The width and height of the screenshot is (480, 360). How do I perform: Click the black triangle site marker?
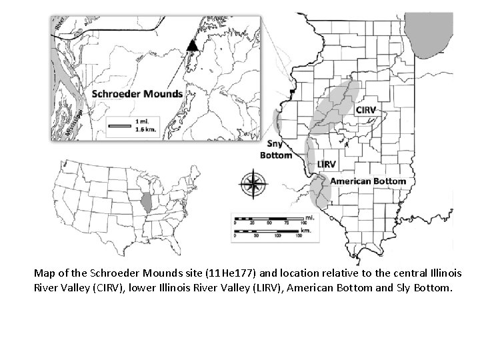pyautogui.click(x=192, y=45)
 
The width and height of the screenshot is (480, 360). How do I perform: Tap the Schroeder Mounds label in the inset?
pyautogui.click(x=137, y=94)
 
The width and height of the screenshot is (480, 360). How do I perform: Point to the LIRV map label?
pyautogui.click(x=327, y=164)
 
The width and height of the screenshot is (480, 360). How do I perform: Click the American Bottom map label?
pyautogui.click(x=368, y=181)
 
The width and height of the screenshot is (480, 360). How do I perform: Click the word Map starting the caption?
pyautogui.click(x=46, y=273)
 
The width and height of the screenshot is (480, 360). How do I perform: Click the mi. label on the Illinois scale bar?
pyautogui.click(x=309, y=217)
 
